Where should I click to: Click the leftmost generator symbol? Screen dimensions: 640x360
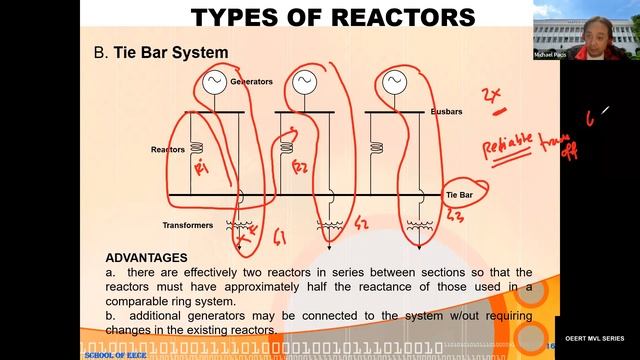(x=213, y=81)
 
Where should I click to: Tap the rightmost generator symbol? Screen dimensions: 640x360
(x=392, y=80)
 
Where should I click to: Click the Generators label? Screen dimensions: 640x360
(x=251, y=81)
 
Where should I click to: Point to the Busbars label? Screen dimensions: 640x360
(x=446, y=112)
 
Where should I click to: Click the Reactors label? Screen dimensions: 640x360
(x=167, y=149)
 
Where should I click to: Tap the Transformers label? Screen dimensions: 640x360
(x=187, y=225)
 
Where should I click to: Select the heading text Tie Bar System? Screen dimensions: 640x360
(x=171, y=51)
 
